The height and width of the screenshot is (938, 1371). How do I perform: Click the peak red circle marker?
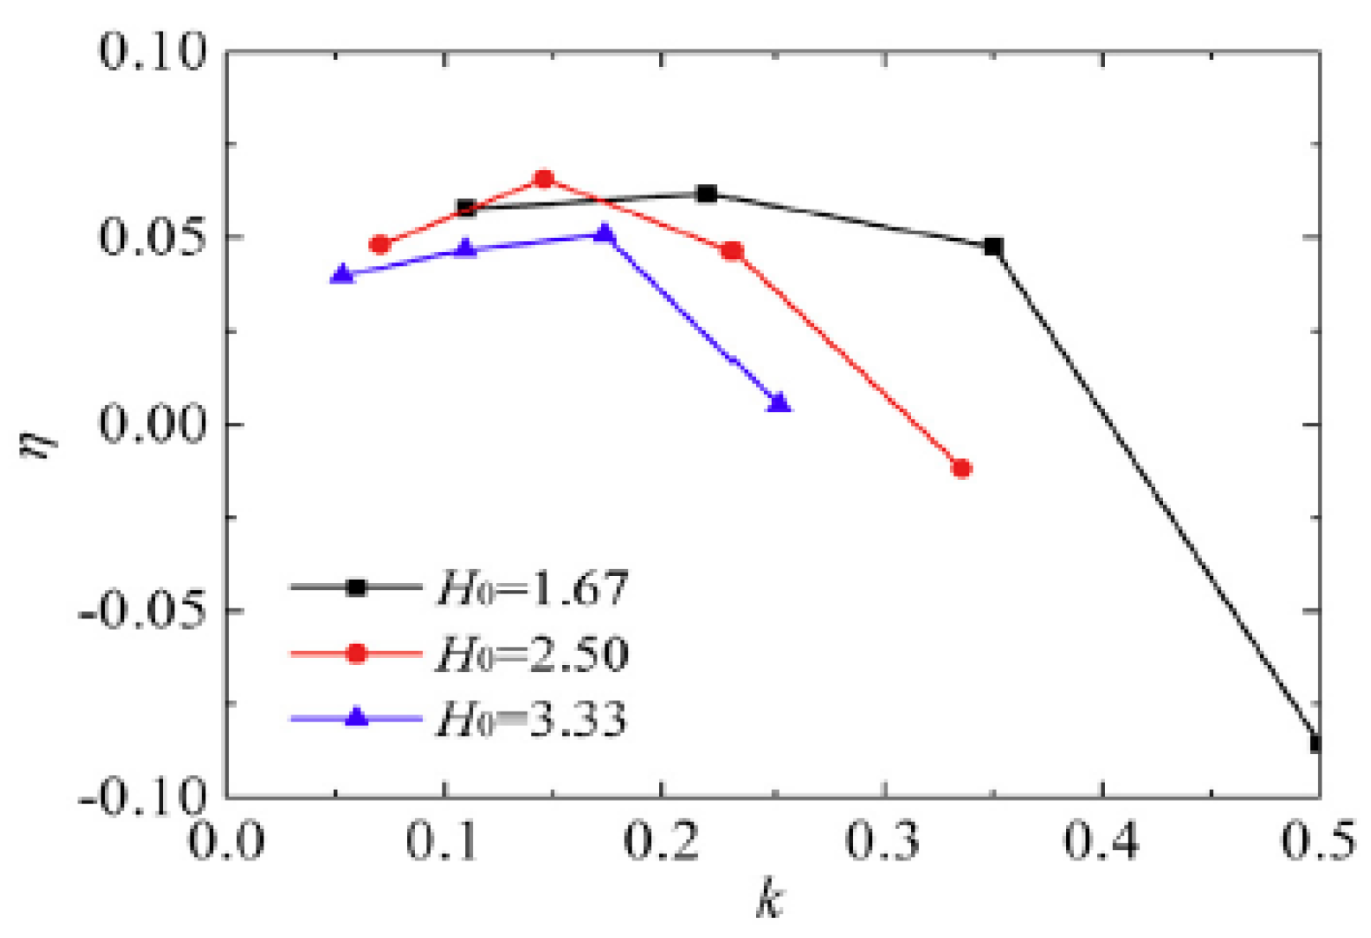coord(545,179)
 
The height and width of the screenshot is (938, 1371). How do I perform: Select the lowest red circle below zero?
coord(961,469)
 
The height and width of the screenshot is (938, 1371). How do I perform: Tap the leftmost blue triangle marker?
coord(343,275)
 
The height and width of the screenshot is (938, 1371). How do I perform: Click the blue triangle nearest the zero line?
coord(779,403)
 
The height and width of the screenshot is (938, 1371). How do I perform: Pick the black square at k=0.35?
coord(993,247)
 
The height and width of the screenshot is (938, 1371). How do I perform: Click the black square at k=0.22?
coord(707,194)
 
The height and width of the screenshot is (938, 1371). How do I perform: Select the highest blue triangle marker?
coord(604,233)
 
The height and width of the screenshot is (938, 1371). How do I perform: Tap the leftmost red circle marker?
coord(380,244)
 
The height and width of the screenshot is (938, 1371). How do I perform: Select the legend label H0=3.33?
coord(531,720)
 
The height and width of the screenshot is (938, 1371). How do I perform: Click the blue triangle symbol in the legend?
coord(356,717)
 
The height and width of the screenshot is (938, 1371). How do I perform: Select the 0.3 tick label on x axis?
coord(882,840)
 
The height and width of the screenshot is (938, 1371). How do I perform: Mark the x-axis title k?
coord(770,900)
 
